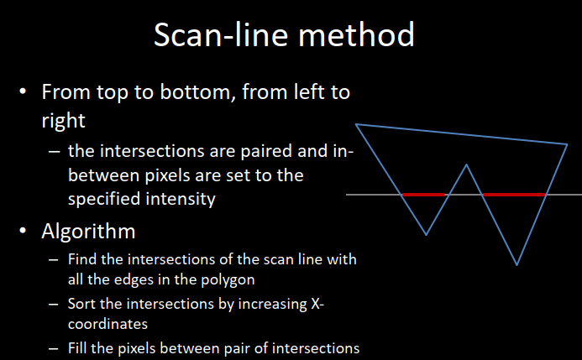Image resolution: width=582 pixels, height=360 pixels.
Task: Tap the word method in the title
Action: point(356,34)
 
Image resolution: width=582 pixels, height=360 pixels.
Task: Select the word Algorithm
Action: point(88,232)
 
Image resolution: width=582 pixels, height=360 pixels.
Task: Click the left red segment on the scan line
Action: point(423,195)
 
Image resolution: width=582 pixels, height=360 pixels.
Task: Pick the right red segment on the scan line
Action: point(514,195)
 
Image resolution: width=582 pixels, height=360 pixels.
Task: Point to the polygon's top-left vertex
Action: point(355,124)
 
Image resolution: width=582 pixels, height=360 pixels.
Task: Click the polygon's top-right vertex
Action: point(568,144)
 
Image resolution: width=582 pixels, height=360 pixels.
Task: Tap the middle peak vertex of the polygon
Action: point(466,164)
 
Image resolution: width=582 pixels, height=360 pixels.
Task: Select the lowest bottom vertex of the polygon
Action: point(516,265)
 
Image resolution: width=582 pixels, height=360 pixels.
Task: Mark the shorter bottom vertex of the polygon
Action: point(426,235)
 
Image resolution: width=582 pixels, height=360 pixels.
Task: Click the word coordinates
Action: point(107,324)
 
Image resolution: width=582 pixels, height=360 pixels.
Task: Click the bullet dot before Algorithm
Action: point(23,231)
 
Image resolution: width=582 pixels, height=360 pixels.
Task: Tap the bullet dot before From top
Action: point(23,91)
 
